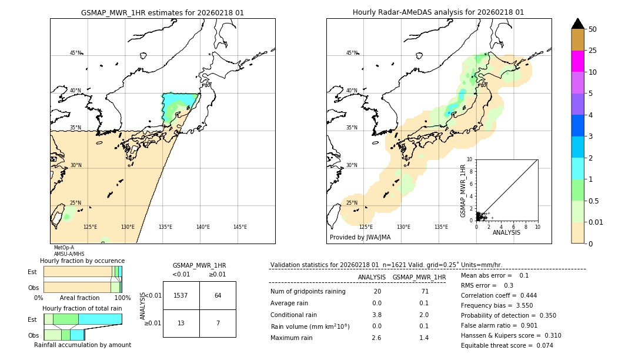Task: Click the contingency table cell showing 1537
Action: click(181, 295)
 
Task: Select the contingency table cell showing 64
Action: click(218, 295)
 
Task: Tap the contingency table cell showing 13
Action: click(181, 323)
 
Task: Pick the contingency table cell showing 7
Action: click(218, 323)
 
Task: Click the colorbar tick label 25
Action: click(593, 51)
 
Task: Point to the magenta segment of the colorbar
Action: click(578, 61)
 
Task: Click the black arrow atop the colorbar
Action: click(578, 24)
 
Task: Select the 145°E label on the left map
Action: click(240, 227)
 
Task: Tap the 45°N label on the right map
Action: click(352, 53)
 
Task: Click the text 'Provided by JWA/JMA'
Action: click(360, 238)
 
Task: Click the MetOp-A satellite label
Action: click(64, 248)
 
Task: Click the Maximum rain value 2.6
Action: click(376, 338)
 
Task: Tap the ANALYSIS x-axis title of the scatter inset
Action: click(506, 232)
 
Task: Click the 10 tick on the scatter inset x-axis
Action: click(537, 226)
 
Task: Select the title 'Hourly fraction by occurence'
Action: click(82, 261)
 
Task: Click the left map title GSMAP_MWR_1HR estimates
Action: click(162, 12)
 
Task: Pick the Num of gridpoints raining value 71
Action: click(425, 292)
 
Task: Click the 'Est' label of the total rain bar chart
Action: click(32, 319)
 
